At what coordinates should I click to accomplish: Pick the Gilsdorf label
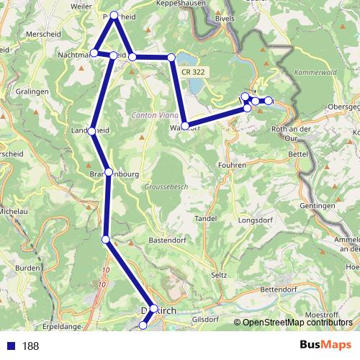click(x=205, y=317)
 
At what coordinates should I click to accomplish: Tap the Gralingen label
click(x=35, y=92)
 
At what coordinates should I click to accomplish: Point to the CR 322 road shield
click(x=193, y=73)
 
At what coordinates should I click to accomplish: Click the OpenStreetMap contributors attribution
click(x=296, y=323)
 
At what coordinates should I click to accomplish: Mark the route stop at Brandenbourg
click(x=109, y=172)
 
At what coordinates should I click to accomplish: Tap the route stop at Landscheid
click(x=91, y=131)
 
